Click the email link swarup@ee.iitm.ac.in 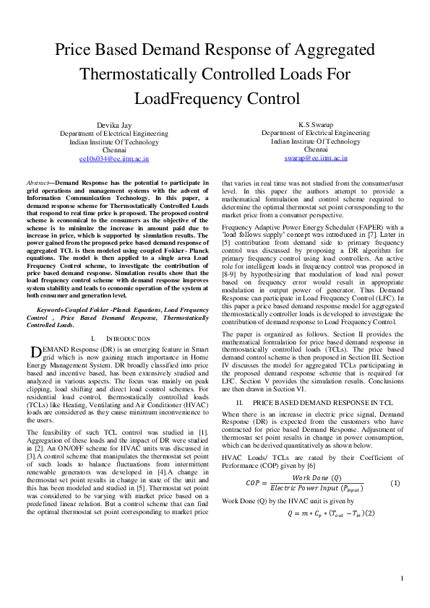[316, 157]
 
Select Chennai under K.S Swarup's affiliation [316, 149]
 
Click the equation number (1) [395, 482]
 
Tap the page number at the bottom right [402, 578]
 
